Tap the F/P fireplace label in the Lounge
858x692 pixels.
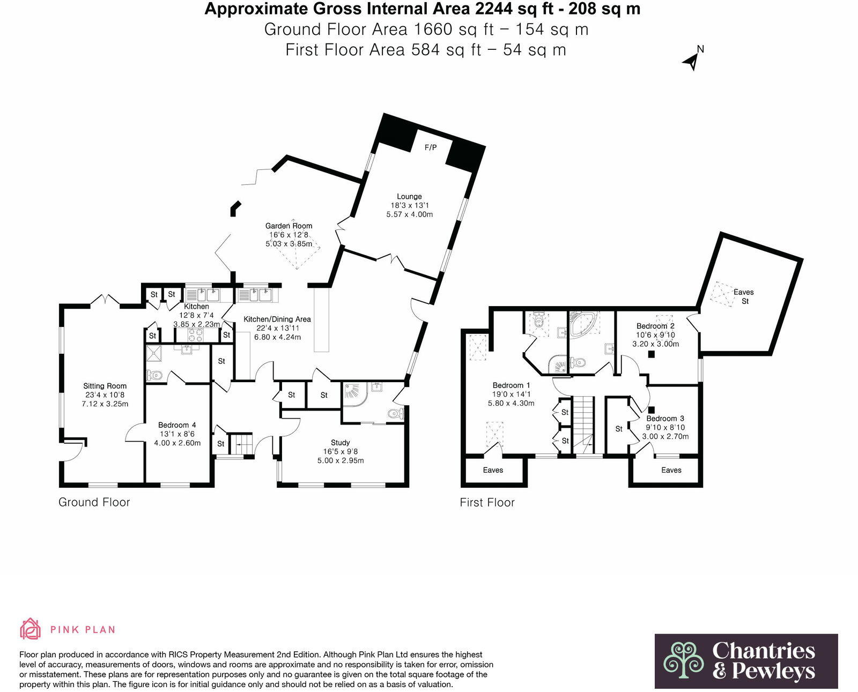point(431,147)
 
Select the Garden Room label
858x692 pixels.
point(289,226)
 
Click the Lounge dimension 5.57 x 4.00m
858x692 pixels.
point(409,214)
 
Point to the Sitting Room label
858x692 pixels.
point(105,386)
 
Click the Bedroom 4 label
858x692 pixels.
point(177,425)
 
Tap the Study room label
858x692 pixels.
point(340,443)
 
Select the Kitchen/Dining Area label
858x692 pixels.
point(277,319)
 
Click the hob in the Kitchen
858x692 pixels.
point(195,335)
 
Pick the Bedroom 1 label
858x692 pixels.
point(511,385)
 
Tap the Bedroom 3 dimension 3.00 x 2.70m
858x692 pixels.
point(665,437)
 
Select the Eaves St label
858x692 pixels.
point(743,296)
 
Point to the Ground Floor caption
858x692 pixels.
point(94,502)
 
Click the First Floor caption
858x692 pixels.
point(487,503)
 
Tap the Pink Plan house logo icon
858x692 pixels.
point(31,629)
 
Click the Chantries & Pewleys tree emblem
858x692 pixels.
point(684,660)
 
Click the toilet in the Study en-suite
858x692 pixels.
point(396,413)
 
